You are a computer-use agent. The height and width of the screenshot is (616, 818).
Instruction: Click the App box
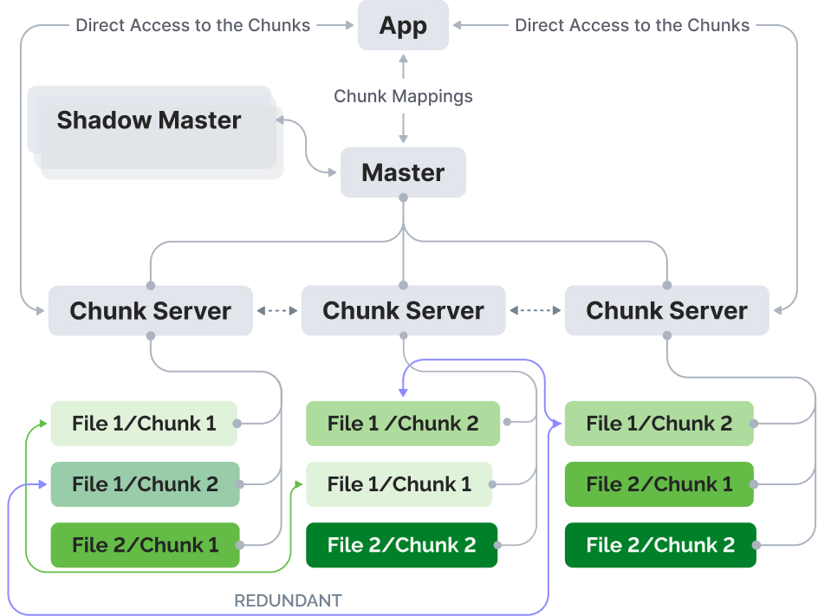(403, 25)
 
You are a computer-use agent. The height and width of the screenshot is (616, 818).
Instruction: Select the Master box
(403, 172)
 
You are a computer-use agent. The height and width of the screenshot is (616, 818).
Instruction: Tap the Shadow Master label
(149, 120)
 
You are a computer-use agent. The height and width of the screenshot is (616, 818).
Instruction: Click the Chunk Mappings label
(403, 96)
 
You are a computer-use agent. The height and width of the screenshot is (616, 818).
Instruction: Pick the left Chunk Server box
(150, 311)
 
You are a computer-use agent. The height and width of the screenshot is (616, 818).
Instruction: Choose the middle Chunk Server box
(403, 311)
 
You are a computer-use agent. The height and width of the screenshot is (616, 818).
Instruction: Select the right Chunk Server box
(666, 311)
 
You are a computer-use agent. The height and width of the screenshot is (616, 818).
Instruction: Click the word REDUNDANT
(288, 600)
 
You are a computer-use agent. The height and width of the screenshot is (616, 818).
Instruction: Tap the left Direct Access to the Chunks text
(192, 25)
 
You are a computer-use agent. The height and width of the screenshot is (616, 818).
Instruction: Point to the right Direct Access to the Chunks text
(632, 25)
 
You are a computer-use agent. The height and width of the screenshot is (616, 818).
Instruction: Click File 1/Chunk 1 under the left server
(144, 424)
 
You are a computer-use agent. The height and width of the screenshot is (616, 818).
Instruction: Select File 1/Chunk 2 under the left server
(145, 484)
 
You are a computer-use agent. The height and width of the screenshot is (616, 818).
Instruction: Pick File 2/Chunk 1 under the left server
(145, 545)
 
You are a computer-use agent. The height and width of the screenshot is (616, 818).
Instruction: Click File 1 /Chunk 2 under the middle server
(403, 424)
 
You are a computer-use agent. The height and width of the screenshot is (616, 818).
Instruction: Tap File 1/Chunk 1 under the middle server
(399, 484)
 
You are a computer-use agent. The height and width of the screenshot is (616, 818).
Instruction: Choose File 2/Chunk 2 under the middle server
(401, 545)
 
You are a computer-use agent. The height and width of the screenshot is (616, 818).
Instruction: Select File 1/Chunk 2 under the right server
(659, 424)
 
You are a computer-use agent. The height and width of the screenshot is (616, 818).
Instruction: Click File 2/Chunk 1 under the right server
(659, 484)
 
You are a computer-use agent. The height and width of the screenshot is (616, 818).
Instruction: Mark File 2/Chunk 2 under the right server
(660, 545)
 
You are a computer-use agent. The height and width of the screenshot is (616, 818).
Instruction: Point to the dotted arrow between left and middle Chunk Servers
(276, 311)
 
